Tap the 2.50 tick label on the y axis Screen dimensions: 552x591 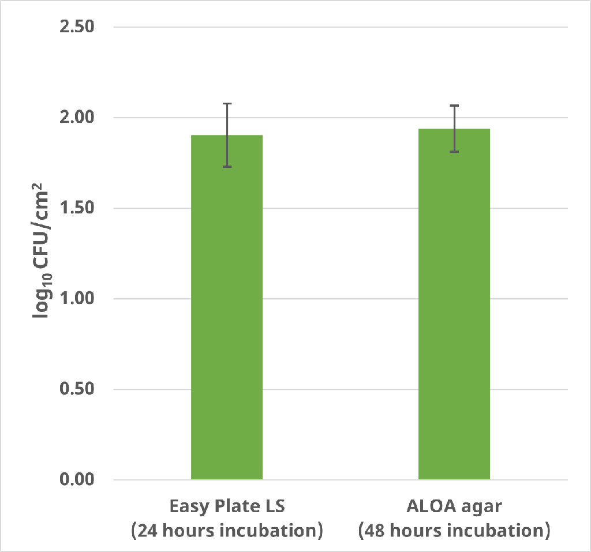77,27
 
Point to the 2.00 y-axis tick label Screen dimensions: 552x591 77,118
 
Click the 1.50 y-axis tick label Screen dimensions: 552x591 77,208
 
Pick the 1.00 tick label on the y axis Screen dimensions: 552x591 77,299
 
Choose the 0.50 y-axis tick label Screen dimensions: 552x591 77,389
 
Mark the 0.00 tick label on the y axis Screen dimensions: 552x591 77,480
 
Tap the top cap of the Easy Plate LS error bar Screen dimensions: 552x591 227,104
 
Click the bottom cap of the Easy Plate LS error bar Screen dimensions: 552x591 227,167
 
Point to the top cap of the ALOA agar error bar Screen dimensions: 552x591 454,106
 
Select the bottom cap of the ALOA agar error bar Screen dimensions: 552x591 454,152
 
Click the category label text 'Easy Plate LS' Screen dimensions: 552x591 227,506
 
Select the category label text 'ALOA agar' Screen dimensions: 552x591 454,506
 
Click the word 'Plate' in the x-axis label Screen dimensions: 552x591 233,506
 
